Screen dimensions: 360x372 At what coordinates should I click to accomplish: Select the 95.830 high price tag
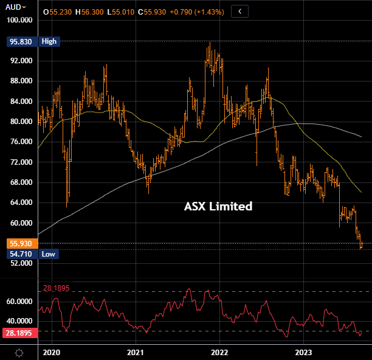(x=19, y=41)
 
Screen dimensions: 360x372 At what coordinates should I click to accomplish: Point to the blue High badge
(x=49, y=41)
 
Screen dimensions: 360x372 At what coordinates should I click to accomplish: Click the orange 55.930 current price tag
(x=19, y=243)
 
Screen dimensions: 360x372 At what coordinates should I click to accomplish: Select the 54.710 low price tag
(x=19, y=254)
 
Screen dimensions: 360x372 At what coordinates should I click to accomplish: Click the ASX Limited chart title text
(x=218, y=207)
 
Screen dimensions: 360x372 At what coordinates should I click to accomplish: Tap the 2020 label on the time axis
(x=52, y=352)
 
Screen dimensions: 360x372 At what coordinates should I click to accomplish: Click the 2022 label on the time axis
(x=219, y=352)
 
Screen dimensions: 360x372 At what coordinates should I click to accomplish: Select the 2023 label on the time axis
(x=303, y=352)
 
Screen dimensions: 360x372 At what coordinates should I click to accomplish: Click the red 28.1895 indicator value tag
(x=19, y=333)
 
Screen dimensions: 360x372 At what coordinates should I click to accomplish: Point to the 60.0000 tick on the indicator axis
(x=19, y=301)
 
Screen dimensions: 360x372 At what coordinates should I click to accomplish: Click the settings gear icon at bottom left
(x=19, y=352)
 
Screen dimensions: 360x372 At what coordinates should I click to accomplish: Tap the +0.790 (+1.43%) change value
(x=196, y=12)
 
